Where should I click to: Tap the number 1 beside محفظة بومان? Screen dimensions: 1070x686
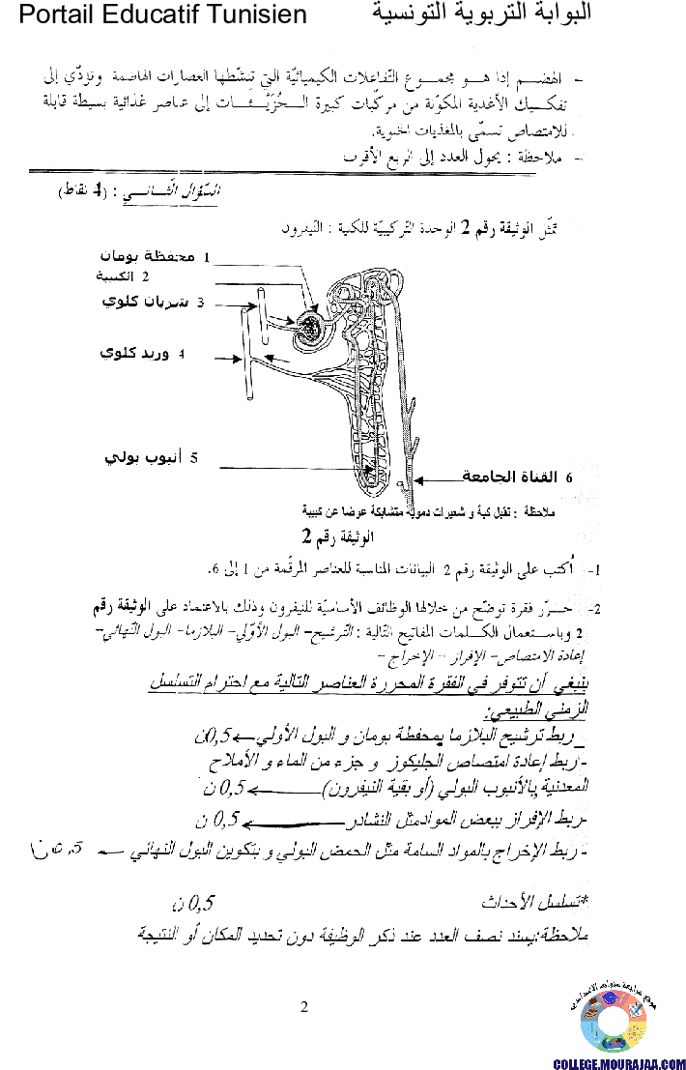pos(205,258)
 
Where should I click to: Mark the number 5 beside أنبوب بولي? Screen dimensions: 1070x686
pos(193,457)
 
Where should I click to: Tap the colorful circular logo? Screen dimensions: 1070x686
pos(614,1021)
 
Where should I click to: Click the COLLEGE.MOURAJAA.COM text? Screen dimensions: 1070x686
pos(617,1062)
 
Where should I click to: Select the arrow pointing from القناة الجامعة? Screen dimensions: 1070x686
pos(442,477)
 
